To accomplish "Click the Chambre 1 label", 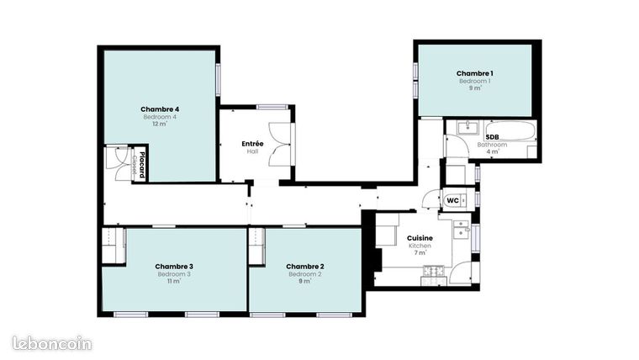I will pyautogui.click(x=474, y=74).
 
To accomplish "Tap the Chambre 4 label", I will pyautogui.click(x=160, y=109).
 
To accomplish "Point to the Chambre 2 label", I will pyautogui.click(x=305, y=267).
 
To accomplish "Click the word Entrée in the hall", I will pyautogui.click(x=252, y=144).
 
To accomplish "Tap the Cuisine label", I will pyautogui.click(x=420, y=238).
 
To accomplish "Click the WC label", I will pyautogui.click(x=452, y=200).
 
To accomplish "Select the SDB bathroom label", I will pyautogui.click(x=492, y=136).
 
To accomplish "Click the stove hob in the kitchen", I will pyautogui.click(x=433, y=271).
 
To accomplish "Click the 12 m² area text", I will pyautogui.click(x=160, y=124).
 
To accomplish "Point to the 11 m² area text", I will pyautogui.click(x=174, y=281).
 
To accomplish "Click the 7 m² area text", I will pyautogui.click(x=420, y=252).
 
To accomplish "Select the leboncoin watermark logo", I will pyautogui.click(x=51, y=342).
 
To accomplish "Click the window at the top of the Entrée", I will pyautogui.click(x=272, y=107).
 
